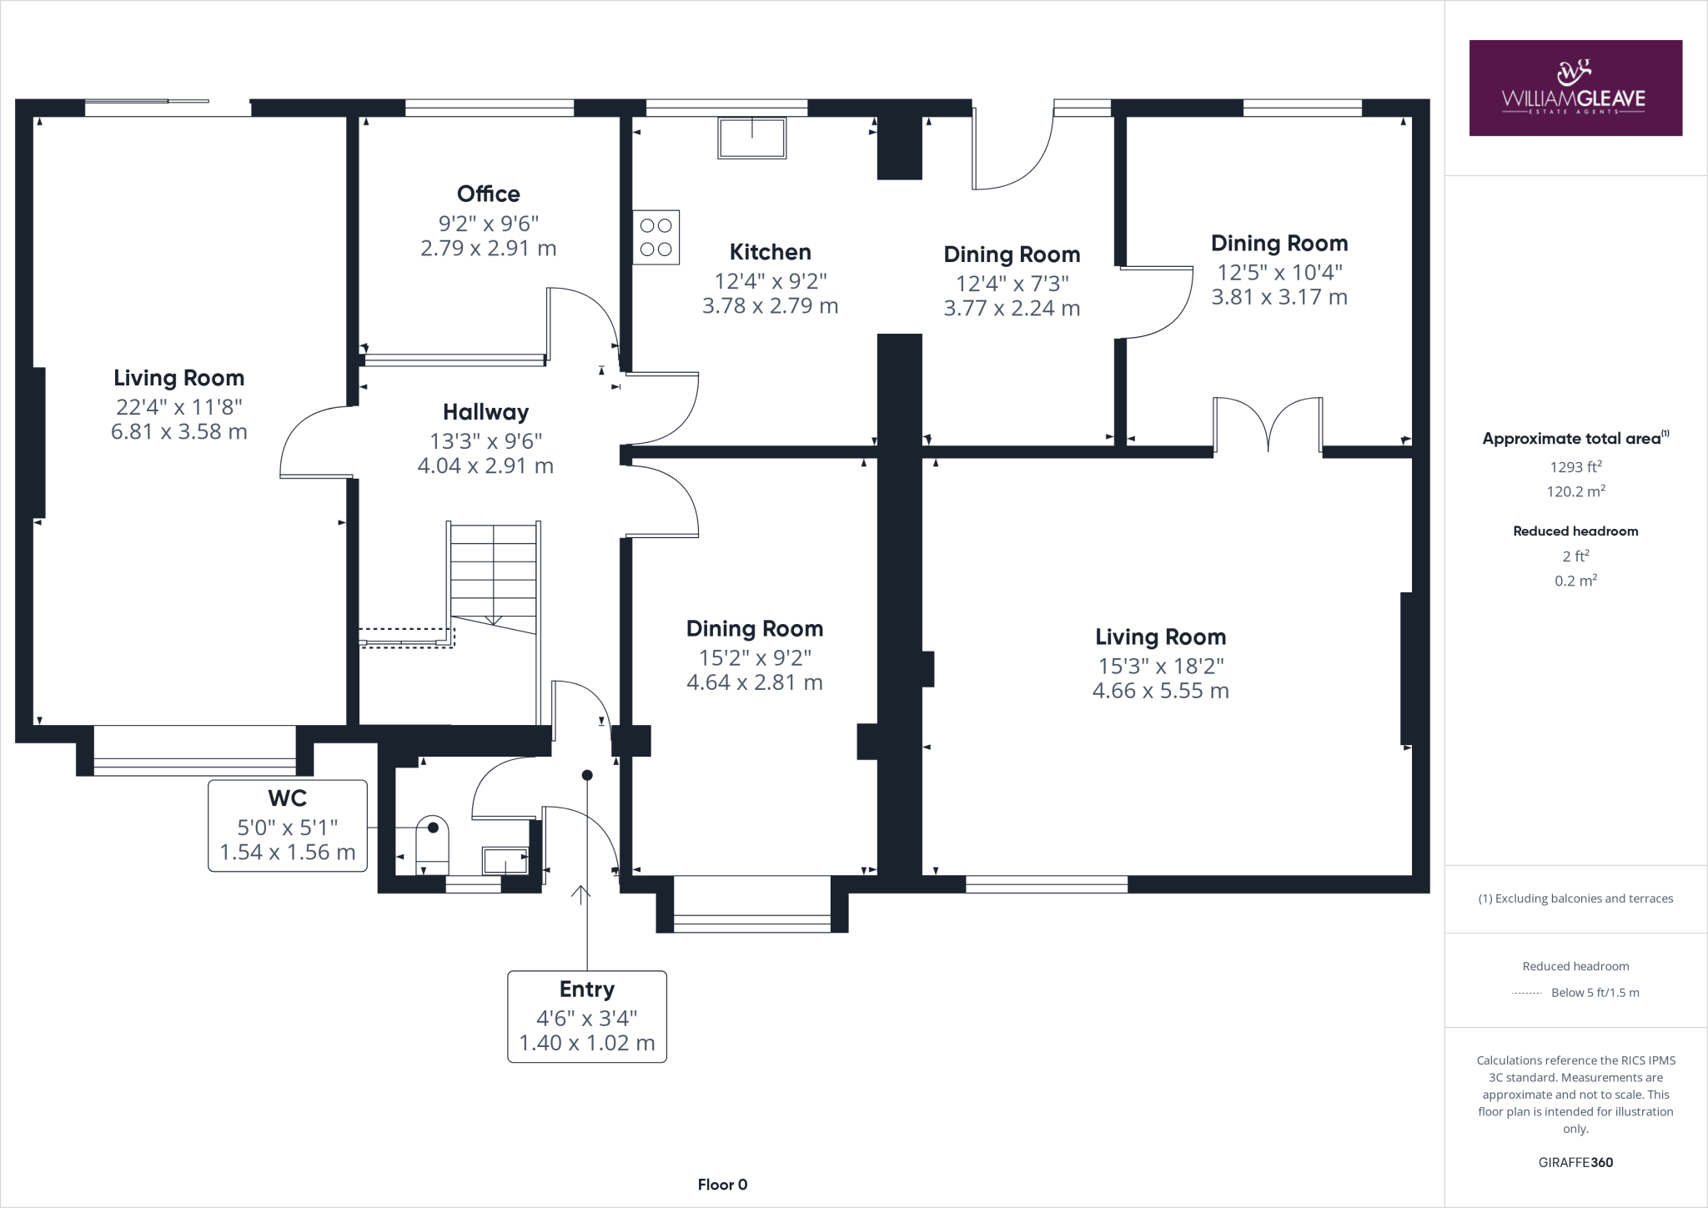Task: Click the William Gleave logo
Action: pos(1575,88)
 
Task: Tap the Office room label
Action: pos(488,194)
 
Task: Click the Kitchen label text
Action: pos(770,252)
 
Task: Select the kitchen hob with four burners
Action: pos(656,238)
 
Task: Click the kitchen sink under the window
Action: pos(751,138)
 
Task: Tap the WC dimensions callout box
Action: pos(287,826)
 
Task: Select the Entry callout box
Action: pos(586,1016)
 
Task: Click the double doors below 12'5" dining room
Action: pos(1268,425)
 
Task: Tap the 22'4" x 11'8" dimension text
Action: pos(178,407)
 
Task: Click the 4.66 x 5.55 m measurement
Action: pos(1160,691)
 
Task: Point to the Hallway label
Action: pos(485,412)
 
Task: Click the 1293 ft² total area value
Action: pos(1575,467)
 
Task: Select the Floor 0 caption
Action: pos(722,1185)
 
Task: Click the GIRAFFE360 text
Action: pos(1575,1162)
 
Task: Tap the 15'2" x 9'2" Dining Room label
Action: pos(754,628)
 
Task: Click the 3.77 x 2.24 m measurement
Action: pos(1012,309)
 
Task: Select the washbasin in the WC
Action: pos(505,860)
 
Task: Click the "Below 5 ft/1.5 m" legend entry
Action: pos(1594,993)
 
